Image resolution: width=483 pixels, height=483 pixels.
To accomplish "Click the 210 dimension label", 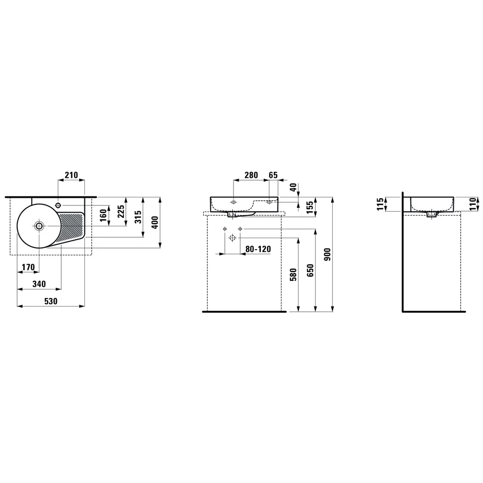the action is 71,175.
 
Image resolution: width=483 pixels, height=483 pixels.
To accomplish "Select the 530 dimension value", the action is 50,301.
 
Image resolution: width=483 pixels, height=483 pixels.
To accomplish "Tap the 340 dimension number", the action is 39,284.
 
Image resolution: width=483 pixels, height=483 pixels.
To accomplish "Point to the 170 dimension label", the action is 28,267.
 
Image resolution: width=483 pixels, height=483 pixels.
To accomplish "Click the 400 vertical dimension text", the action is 155,222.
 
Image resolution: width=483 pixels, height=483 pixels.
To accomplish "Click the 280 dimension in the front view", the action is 251,175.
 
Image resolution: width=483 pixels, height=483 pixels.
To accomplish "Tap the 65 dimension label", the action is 273,175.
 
